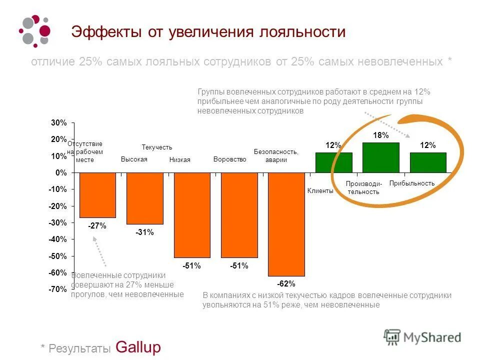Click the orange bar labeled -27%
[x=97, y=195]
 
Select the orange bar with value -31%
[x=144, y=198]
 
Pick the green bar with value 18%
[x=380, y=157]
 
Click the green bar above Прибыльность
[x=428, y=162]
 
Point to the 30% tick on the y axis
[x=58, y=123]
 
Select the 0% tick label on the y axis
[x=61, y=173]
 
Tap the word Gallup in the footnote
[x=138, y=347]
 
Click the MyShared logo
[x=422, y=336]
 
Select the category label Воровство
[x=230, y=159]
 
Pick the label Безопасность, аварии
[x=276, y=155]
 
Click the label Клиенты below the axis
[x=320, y=191]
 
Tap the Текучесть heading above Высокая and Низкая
[x=156, y=147]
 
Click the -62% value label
[x=286, y=283]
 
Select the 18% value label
[x=380, y=135]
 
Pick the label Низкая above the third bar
[x=180, y=160]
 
